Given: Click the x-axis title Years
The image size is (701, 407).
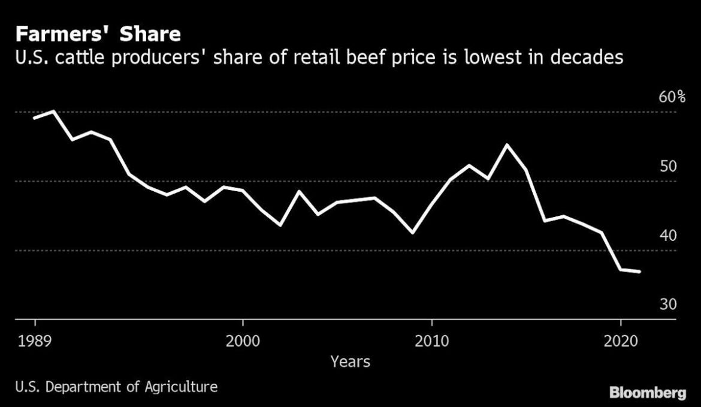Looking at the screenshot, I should tap(350, 361).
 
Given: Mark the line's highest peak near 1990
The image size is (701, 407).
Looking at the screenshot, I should tap(54, 111).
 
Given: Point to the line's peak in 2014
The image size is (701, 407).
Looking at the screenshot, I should tap(507, 145).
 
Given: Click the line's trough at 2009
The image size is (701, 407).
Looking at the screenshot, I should tap(412, 233).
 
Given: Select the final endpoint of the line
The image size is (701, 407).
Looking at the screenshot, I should tap(639, 272).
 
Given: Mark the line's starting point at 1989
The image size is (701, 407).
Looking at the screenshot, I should tap(35, 117).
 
